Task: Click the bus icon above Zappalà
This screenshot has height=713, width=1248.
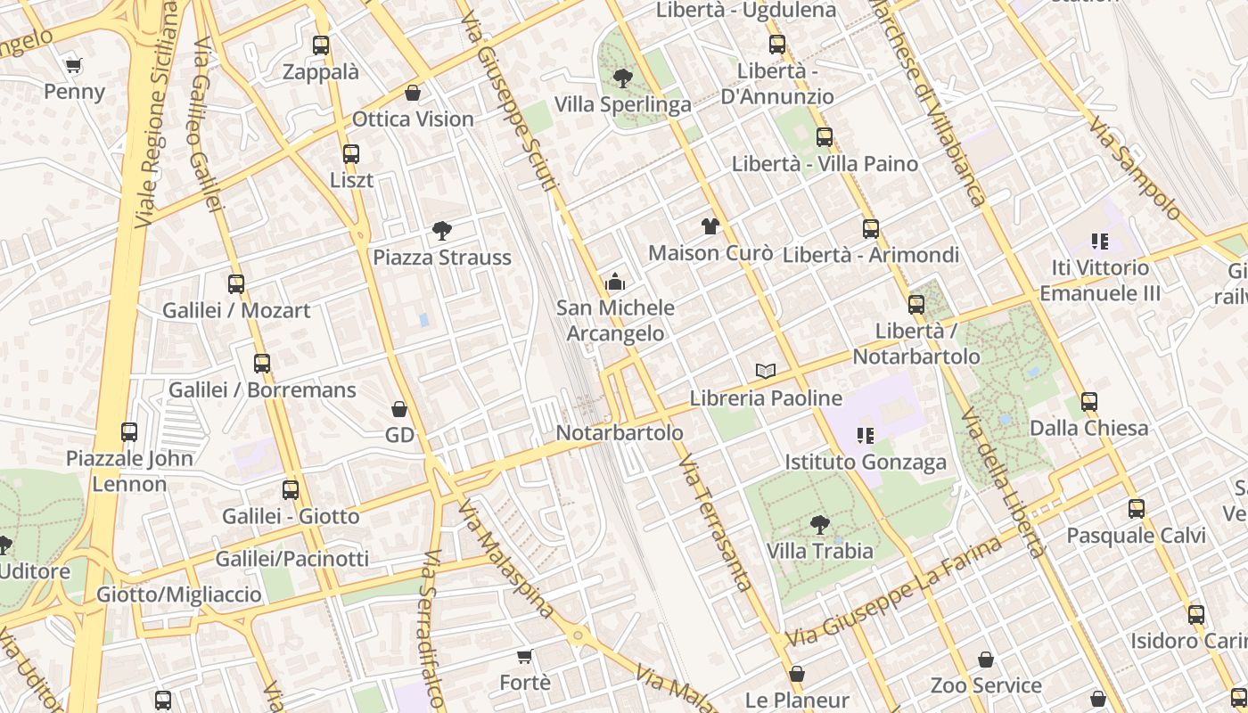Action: point(321,45)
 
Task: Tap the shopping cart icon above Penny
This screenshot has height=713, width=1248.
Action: point(74,65)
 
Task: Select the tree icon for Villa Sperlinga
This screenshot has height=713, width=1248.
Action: point(622,78)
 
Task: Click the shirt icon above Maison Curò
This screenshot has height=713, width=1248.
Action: point(710,226)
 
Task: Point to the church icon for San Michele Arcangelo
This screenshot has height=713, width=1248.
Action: point(615,283)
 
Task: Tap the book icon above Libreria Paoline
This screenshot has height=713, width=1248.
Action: point(765,371)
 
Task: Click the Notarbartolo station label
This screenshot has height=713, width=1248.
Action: point(620,432)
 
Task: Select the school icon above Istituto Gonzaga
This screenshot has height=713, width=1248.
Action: point(865,435)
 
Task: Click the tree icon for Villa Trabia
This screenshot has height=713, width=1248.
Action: point(819,525)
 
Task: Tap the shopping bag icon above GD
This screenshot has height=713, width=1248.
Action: point(399,409)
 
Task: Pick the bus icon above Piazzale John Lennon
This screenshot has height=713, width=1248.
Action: point(129,432)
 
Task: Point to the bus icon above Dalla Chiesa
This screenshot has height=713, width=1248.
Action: point(1088,402)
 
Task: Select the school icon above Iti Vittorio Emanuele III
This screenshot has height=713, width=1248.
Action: point(1100,241)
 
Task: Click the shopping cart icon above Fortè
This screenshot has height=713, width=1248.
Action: point(525,657)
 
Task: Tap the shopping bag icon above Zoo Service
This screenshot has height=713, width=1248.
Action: point(985,660)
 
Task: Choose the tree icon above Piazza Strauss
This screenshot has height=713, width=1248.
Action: point(441,231)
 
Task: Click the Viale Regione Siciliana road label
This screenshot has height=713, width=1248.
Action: point(156,116)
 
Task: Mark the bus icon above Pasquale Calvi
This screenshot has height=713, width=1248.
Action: point(1136,509)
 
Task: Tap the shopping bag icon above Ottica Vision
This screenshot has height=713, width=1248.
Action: point(413,93)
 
